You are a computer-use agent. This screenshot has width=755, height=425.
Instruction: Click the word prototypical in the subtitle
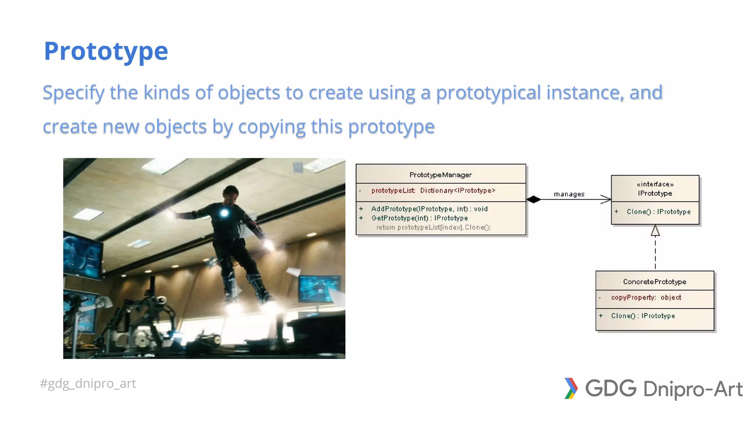tap(488, 93)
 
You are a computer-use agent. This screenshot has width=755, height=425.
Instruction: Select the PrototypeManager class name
tap(441, 175)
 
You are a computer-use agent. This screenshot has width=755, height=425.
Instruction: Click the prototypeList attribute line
tap(433, 190)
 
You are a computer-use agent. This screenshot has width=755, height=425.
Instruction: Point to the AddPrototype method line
tap(429, 209)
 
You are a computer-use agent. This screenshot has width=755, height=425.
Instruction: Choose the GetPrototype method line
tap(420, 218)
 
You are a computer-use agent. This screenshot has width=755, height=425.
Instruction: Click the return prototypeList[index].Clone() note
tap(433, 227)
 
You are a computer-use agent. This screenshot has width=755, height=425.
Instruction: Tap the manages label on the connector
tap(569, 194)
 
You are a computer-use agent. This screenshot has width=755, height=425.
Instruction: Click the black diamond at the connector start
tap(533, 200)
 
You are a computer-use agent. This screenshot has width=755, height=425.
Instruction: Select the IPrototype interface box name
tap(655, 193)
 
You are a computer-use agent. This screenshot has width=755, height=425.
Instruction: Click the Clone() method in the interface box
tap(658, 212)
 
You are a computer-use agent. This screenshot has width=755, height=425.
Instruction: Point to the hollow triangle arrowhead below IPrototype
tap(655, 231)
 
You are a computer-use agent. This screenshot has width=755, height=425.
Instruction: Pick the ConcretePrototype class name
tap(655, 282)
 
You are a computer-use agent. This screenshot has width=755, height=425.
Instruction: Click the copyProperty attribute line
tap(646, 297)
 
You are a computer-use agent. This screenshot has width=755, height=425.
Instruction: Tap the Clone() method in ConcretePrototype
tap(643, 316)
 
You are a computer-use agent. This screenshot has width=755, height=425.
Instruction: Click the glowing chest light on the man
tap(224, 212)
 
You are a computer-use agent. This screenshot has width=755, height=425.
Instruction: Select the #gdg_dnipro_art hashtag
tap(88, 384)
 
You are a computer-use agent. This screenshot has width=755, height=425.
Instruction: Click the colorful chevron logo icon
tap(571, 388)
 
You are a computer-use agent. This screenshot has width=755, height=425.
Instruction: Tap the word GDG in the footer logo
tap(611, 388)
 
